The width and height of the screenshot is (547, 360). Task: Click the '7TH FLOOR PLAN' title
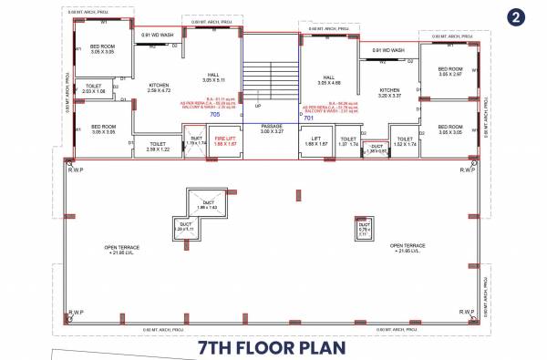point(273,348)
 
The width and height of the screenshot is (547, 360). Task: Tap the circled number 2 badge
point(517,17)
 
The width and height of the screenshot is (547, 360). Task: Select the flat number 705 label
point(215,116)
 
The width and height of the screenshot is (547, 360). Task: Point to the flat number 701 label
point(308,117)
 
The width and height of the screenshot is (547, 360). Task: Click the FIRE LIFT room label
point(225,141)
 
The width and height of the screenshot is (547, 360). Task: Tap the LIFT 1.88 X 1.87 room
point(315,141)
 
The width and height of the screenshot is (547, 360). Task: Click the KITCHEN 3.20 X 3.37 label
point(390,93)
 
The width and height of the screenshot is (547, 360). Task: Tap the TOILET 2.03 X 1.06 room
point(94,90)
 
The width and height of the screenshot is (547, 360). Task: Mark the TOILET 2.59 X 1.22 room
point(157,146)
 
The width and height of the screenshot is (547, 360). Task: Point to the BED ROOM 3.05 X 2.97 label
point(451,72)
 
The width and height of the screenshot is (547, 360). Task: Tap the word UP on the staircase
point(259,106)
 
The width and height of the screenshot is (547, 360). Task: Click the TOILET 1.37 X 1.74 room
point(347,141)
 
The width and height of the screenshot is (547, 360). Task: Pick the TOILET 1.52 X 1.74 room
point(405,141)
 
